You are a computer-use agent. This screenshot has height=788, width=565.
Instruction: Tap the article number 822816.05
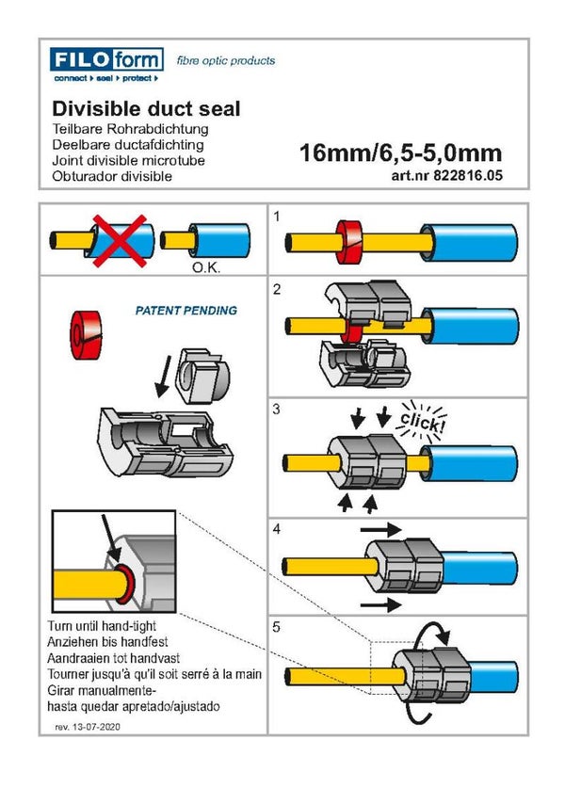click(446, 175)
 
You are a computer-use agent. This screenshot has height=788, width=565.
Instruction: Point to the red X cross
click(117, 239)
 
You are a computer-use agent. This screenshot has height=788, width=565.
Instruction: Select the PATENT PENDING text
click(186, 310)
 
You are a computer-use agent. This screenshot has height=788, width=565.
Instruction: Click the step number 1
click(277, 217)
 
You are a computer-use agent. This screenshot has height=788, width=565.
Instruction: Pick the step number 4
click(277, 530)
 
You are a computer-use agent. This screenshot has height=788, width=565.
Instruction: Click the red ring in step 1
click(349, 242)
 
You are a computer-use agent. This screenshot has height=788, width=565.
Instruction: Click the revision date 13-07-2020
click(97, 728)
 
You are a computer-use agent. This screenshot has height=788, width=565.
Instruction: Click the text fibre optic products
click(226, 61)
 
